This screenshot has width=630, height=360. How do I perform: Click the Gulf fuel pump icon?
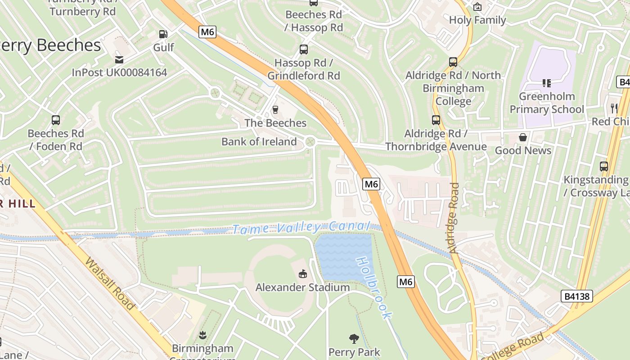(163, 34)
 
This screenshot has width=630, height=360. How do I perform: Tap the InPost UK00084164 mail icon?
(119, 59)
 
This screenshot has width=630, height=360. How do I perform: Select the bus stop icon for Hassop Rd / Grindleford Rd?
(304, 49)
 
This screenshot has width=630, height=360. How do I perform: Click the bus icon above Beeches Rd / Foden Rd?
(56, 120)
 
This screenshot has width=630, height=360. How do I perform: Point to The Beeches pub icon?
(275, 109)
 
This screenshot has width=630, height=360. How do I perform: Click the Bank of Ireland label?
(259, 142)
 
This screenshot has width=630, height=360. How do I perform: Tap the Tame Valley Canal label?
(301, 228)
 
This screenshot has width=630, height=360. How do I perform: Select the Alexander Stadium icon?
(303, 274)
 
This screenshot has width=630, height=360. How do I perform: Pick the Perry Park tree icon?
(354, 338)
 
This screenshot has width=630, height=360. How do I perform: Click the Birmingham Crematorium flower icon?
(202, 335)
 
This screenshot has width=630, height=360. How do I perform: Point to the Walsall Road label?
(110, 283)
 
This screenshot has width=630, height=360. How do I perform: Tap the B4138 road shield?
(577, 296)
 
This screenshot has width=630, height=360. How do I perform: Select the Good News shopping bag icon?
(523, 137)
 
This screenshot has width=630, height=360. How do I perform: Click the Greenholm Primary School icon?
(547, 83)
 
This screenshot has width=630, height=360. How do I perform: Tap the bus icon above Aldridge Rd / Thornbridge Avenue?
(436, 120)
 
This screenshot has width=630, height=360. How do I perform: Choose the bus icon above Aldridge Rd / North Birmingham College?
(453, 62)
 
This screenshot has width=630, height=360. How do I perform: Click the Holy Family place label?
(477, 20)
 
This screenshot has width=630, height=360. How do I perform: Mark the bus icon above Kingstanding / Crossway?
(604, 166)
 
